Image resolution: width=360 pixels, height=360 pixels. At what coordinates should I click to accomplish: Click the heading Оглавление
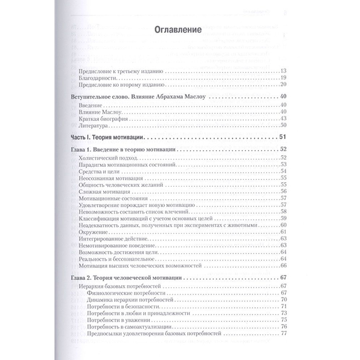178,30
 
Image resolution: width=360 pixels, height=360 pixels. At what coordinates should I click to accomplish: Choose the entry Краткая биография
98,119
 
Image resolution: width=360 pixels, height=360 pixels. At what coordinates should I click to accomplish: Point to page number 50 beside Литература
283,125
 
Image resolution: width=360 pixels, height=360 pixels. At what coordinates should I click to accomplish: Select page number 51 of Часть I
282,137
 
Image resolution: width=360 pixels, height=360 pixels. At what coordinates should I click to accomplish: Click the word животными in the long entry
245,225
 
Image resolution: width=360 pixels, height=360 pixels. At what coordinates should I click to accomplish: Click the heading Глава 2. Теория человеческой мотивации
124,278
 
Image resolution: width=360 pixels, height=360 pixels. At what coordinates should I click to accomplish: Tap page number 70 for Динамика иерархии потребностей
283,300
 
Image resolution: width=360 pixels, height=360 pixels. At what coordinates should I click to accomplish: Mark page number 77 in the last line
283,333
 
